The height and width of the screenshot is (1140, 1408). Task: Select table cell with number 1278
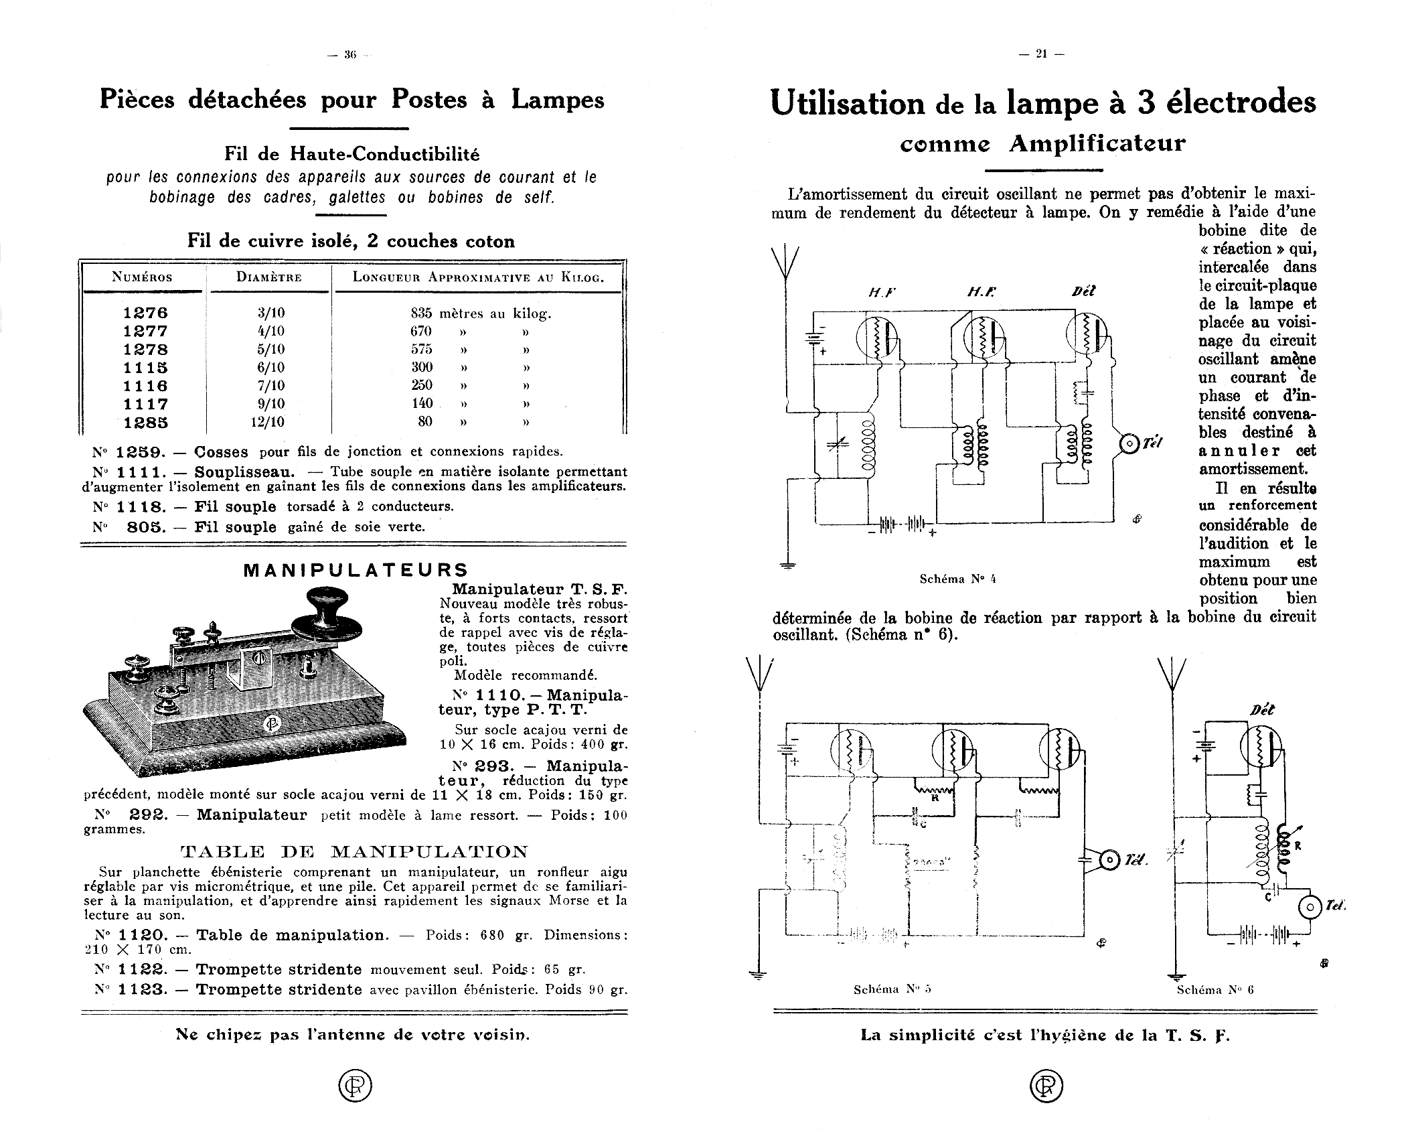145,350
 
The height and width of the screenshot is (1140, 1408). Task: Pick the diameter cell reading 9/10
271,404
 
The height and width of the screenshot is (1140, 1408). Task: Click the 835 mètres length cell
480,313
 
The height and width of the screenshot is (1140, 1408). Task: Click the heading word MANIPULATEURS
356,570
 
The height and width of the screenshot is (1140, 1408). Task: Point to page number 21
1040,55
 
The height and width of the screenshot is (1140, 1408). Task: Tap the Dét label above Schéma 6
1261,710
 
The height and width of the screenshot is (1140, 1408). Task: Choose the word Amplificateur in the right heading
1097,143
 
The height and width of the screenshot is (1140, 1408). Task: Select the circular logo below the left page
355,1086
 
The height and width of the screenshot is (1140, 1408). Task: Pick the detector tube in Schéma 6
1259,747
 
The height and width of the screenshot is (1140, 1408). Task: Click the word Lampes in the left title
558,99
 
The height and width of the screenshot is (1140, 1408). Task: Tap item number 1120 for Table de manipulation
143,935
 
